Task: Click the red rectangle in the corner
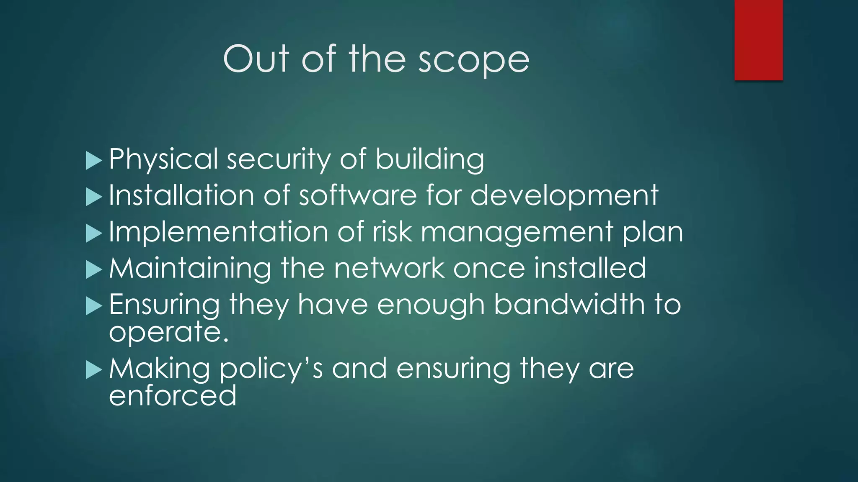click(758, 40)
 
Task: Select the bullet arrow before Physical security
click(93, 161)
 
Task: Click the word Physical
click(163, 159)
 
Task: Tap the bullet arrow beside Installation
click(93, 197)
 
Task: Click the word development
click(564, 196)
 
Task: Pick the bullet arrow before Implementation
click(93, 233)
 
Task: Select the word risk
click(392, 232)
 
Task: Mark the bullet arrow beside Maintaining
click(93, 269)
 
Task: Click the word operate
click(168, 333)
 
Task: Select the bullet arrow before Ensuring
click(93, 306)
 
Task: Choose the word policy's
click(271, 369)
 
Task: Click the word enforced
click(173, 395)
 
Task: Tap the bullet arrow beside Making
click(93, 370)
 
